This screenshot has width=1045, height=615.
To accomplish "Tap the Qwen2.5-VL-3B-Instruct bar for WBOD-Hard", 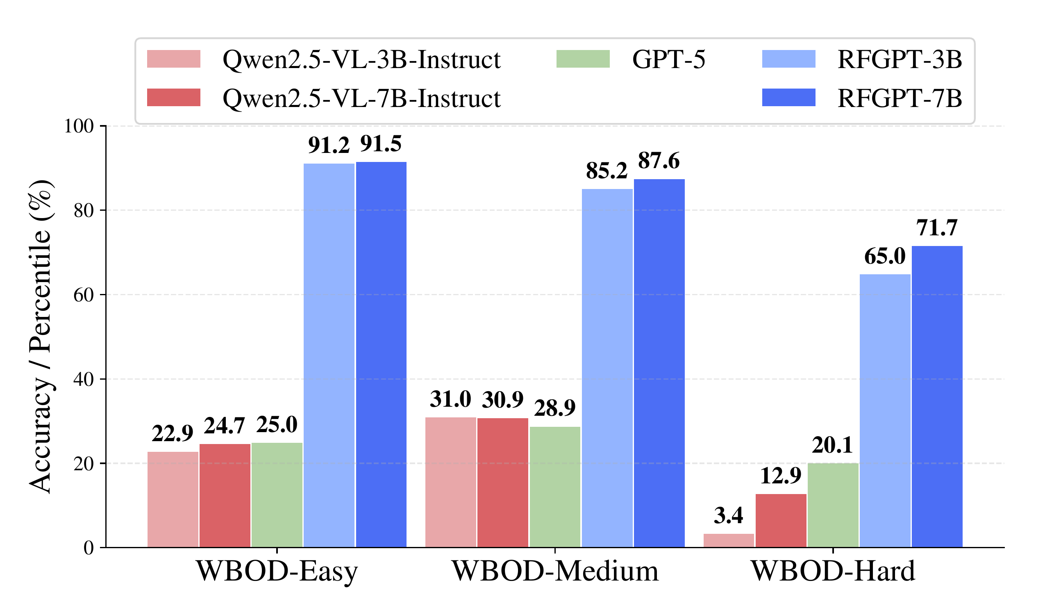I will (729, 540).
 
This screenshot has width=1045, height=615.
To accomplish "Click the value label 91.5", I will (381, 144).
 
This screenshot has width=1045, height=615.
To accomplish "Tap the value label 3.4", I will (729, 516).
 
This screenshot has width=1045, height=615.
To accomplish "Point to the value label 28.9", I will (555, 408).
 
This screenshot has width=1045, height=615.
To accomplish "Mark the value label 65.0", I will (885, 257).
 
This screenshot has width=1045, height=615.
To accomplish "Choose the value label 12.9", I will (781, 476).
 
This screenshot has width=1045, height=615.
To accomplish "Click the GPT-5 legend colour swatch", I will (583, 59).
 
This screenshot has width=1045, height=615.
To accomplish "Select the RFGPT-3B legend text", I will (900, 60).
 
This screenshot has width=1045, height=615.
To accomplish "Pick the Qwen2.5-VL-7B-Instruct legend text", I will (361, 99).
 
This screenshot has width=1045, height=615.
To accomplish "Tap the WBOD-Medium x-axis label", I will (555, 572).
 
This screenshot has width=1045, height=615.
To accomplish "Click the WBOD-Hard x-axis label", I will (833, 572).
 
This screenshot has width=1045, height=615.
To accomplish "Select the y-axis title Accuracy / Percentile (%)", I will (41, 337).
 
